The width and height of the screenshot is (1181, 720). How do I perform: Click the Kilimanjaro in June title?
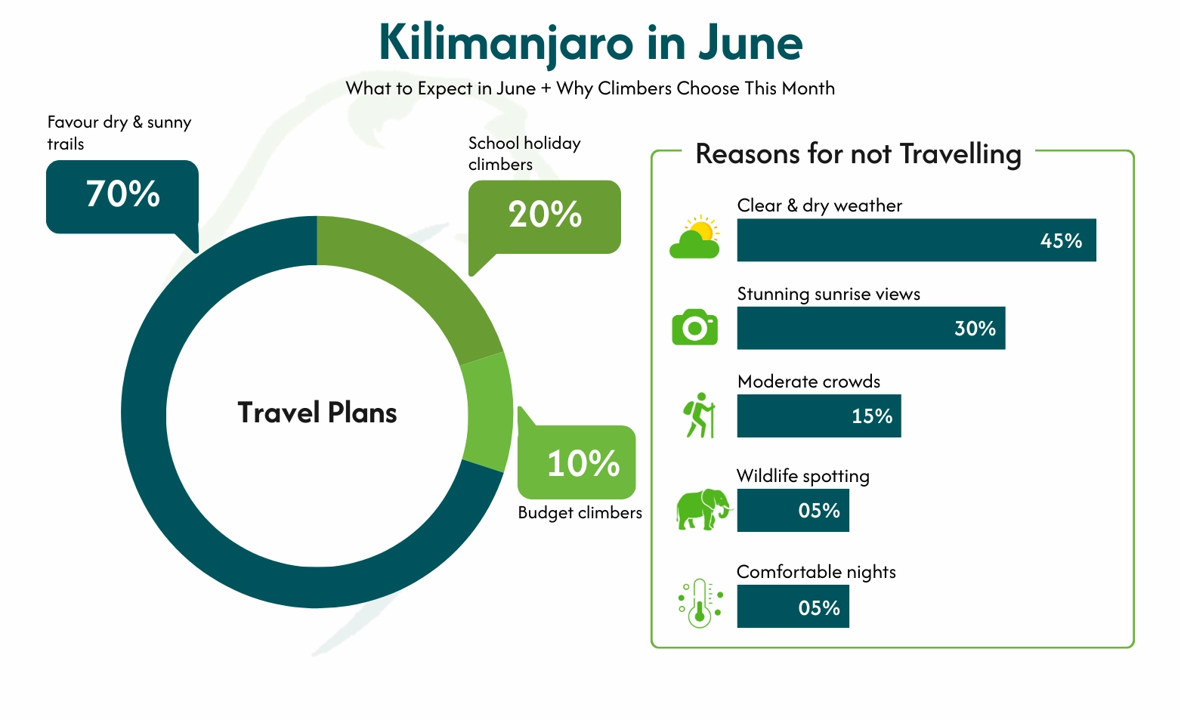pyautogui.click(x=590, y=43)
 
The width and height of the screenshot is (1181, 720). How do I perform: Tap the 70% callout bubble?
pyautogui.click(x=122, y=196)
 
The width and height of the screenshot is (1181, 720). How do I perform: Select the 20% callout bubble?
pyautogui.click(x=545, y=216)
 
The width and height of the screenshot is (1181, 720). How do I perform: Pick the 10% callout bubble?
pyautogui.click(x=577, y=462)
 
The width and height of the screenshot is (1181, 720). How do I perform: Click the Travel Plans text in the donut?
pyautogui.click(x=317, y=413)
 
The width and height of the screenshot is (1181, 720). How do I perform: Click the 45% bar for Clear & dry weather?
pyautogui.click(x=916, y=240)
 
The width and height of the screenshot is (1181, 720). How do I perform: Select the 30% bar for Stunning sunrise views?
pyautogui.click(x=870, y=328)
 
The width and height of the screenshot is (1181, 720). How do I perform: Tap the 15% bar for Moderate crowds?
pyautogui.click(x=818, y=416)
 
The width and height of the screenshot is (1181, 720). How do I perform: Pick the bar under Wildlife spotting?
pyautogui.click(x=793, y=511)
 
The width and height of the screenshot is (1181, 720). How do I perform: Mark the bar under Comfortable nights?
pyautogui.click(x=793, y=607)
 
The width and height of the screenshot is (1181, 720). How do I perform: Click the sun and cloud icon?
pyautogui.click(x=695, y=237)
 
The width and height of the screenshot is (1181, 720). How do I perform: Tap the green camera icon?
pyautogui.click(x=694, y=327)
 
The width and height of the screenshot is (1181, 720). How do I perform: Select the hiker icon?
pyautogui.click(x=700, y=415)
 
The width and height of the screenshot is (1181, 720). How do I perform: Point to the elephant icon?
pyautogui.click(x=703, y=508)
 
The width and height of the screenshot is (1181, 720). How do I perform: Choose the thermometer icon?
pyautogui.click(x=700, y=603)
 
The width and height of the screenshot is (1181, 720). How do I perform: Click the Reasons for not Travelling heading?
pyautogui.click(x=858, y=154)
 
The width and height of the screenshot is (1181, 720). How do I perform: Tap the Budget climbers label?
pyautogui.click(x=580, y=513)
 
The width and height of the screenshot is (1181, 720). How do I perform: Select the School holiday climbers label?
pyautogui.click(x=524, y=153)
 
